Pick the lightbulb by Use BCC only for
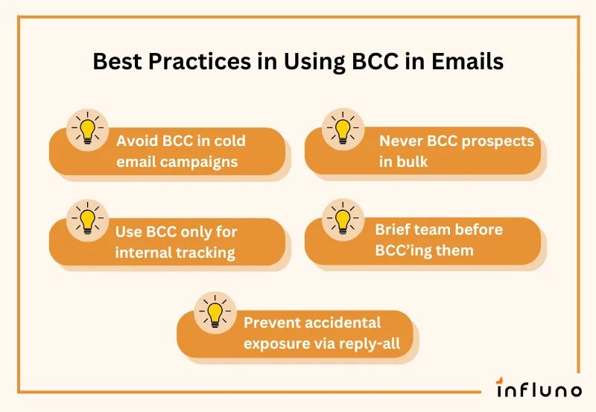click(88, 220)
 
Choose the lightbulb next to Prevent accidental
click(215, 311)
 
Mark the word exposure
click(276, 343)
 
